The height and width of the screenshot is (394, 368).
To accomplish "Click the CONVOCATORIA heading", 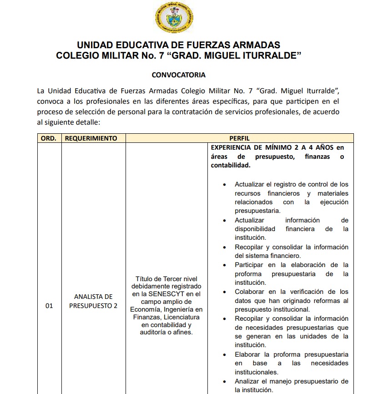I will [178, 75].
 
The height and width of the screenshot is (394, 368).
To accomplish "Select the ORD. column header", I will [48, 138].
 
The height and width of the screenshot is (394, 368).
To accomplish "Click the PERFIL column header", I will [239, 138].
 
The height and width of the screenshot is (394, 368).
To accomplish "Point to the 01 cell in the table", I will [49, 306].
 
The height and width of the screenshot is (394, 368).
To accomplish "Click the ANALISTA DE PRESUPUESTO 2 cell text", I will [93, 301].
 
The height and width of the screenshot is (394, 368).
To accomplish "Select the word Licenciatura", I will [182, 317].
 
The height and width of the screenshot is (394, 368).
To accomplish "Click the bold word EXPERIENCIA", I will [231, 147].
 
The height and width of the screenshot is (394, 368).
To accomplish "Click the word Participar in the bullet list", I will [250, 265].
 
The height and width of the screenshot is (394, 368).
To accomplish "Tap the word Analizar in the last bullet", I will [248, 381].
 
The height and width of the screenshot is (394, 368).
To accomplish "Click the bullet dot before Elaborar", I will [225, 354].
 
